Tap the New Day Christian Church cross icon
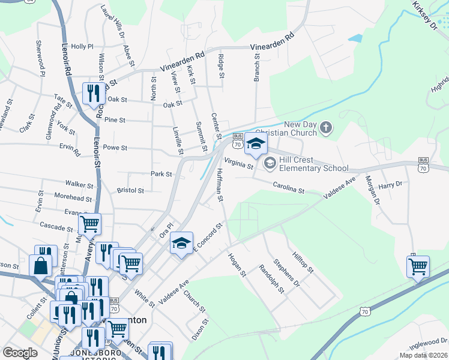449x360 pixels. (326, 127)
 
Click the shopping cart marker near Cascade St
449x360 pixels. (89, 225)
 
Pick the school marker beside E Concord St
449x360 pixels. (181, 243)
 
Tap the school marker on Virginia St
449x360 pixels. (255, 144)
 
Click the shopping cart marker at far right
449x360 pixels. (418, 266)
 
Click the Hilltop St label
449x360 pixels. (303, 262)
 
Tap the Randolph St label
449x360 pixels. (270, 279)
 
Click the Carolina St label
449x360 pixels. (289, 188)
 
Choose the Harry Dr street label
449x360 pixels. (390, 185)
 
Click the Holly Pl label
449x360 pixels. (82, 46)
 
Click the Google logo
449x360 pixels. (20, 353)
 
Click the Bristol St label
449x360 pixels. (130, 191)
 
